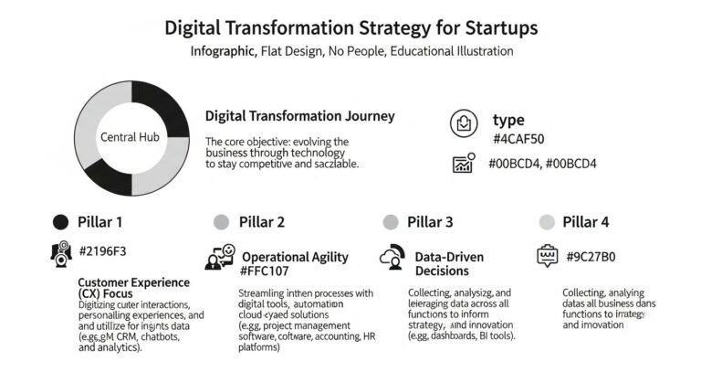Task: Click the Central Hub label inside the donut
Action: [x=130, y=137]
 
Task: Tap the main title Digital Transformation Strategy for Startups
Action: [x=350, y=27]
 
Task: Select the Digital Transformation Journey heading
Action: [x=299, y=116]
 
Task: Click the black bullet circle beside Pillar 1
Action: [x=61, y=221]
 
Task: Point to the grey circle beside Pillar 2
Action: [x=220, y=221]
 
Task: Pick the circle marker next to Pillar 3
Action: [x=391, y=221]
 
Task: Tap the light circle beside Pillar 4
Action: [x=547, y=221]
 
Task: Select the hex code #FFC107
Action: [x=269, y=271]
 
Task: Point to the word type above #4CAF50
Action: [x=508, y=120]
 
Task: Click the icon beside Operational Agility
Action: [x=220, y=258]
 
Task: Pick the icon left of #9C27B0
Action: [x=548, y=255]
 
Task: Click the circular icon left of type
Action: [x=465, y=122]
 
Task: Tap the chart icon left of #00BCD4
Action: [x=465, y=163]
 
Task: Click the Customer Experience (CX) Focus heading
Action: [x=134, y=288]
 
